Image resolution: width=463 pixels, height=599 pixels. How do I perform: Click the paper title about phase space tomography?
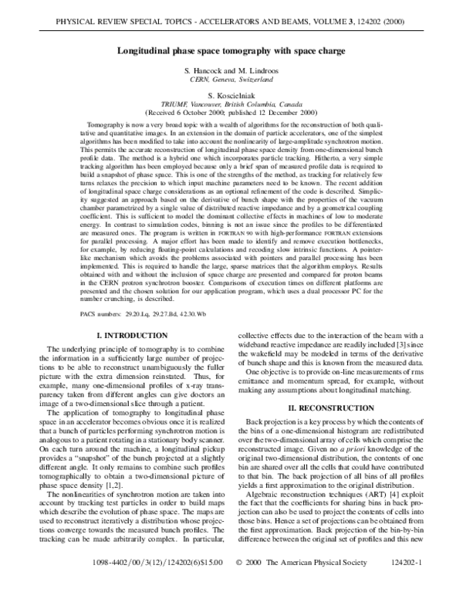pyautogui.click(x=231, y=52)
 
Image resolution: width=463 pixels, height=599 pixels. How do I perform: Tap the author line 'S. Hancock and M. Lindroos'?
pyautogui.click(x=231, y=71)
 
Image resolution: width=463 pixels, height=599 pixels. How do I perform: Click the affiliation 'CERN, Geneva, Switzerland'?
pyautogui.click(x=231, y=80)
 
